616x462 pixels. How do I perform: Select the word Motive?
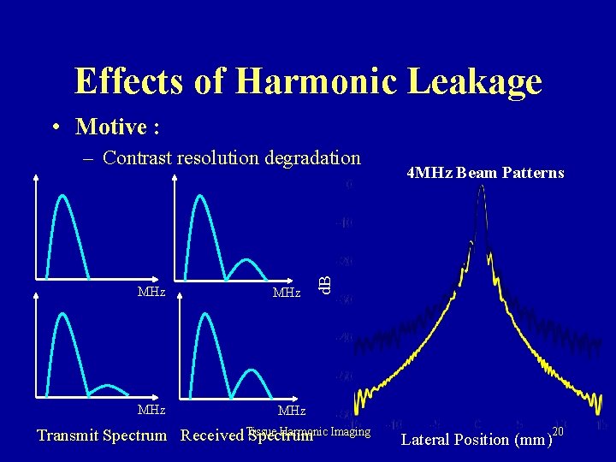coord(111,127)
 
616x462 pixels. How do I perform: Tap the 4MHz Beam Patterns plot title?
coord(485,173)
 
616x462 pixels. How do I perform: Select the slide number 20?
coord(559,429)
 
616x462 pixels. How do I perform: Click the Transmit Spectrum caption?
coord(102,435)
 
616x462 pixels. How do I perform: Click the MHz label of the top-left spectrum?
coord(151,293)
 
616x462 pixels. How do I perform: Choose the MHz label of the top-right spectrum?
coord(286,293)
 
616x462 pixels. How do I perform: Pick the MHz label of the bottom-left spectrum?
coord(151,409)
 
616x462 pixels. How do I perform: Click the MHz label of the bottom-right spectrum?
coord(291,412)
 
